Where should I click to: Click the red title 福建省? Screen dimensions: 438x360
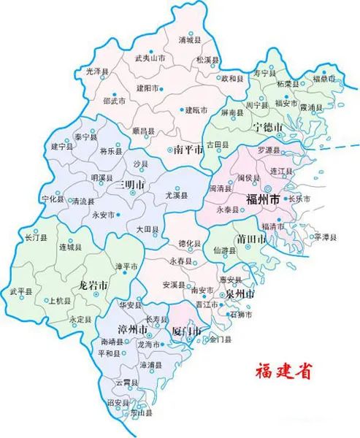[x=281, y=370]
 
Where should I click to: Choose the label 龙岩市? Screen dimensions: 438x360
[x=93, y=285]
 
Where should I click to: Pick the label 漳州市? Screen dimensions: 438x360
[x=134, y=329]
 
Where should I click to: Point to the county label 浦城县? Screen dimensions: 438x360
[x=191, y=42]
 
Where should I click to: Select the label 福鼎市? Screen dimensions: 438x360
[x=324, y=77]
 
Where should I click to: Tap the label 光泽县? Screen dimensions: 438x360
[x=96, y=72]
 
